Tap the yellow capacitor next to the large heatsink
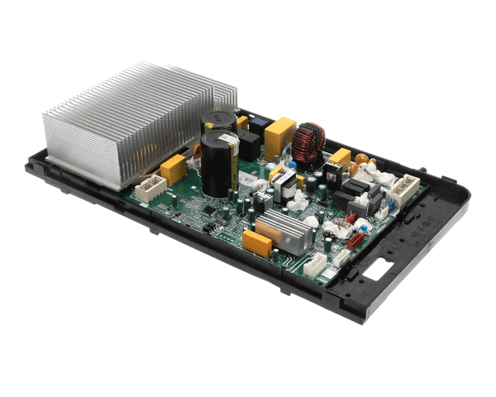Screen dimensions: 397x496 coord(174,169)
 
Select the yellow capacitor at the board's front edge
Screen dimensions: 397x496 coord(257,244)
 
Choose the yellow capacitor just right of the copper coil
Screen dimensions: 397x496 coord(340,158)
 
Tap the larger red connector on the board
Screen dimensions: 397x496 coord(357,241)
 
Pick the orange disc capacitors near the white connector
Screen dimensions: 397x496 coord(365,166)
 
